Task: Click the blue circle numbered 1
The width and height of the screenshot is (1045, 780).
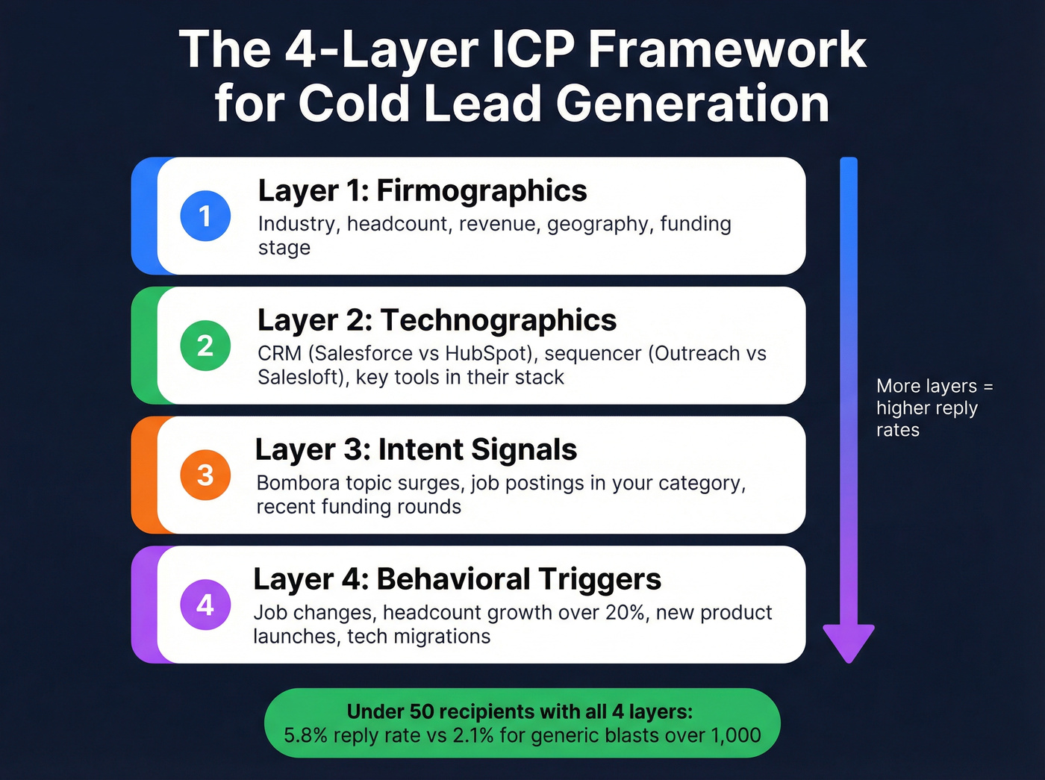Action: point(205,216)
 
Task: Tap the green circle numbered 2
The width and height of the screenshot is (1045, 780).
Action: point(205,346)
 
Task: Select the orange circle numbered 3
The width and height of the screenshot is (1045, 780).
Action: point(205,475)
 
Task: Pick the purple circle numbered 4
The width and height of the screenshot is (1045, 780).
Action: point(205,605)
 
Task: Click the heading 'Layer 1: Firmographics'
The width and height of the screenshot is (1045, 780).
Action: point(422,191)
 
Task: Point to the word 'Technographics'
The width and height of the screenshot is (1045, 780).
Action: point(499,321)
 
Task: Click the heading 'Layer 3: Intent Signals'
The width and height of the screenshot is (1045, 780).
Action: point(416,450)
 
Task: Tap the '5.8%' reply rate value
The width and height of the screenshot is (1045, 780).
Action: point(305,735)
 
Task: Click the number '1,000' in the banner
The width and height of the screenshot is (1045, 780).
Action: point(735,735)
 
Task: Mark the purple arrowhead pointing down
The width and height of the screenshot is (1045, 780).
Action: point(849,642)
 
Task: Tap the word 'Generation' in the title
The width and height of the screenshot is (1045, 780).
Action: point(693,103)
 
